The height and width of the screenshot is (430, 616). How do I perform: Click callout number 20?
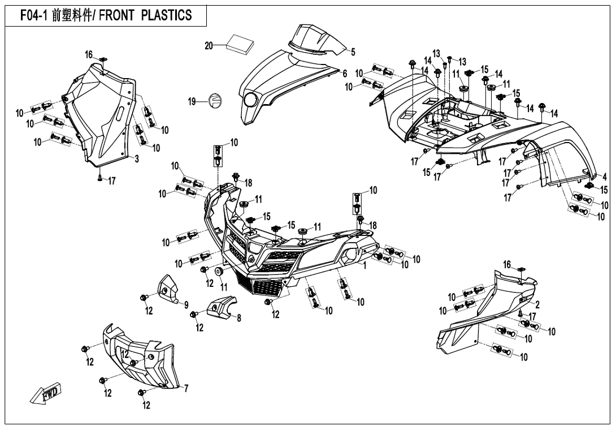click(209, 46)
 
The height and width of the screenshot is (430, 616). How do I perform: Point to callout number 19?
click(193, 102)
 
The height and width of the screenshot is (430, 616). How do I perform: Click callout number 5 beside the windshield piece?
click(353, 53)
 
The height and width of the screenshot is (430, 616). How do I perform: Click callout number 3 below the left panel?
click(137, 160)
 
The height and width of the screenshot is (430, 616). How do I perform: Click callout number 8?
click(239, 319)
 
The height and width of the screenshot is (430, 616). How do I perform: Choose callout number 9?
click(186, 305)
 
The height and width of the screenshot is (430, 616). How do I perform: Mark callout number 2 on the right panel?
click(537, 304)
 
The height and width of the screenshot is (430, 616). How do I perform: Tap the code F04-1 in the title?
click(35, 15)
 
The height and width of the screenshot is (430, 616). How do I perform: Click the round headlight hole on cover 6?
click(250, 101)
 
